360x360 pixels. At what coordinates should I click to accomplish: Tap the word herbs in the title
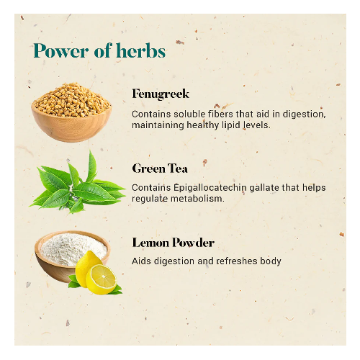click(x=141, y=50)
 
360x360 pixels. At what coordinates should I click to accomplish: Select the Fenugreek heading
click(x=161, y=94)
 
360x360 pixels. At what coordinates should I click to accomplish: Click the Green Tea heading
click(x=160, y=168)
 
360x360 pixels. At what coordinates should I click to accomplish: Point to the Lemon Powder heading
click(x=173, y=243)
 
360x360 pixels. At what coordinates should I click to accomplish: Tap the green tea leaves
click(x=77, y=182)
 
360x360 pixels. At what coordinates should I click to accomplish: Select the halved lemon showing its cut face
click(x=101, y=279)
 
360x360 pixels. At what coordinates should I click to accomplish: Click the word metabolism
click(x=197, y=199)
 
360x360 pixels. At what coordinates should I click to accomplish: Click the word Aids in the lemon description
click(x=142, y=261)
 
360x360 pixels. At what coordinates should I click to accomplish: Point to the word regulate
click(x=150, y=199)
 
